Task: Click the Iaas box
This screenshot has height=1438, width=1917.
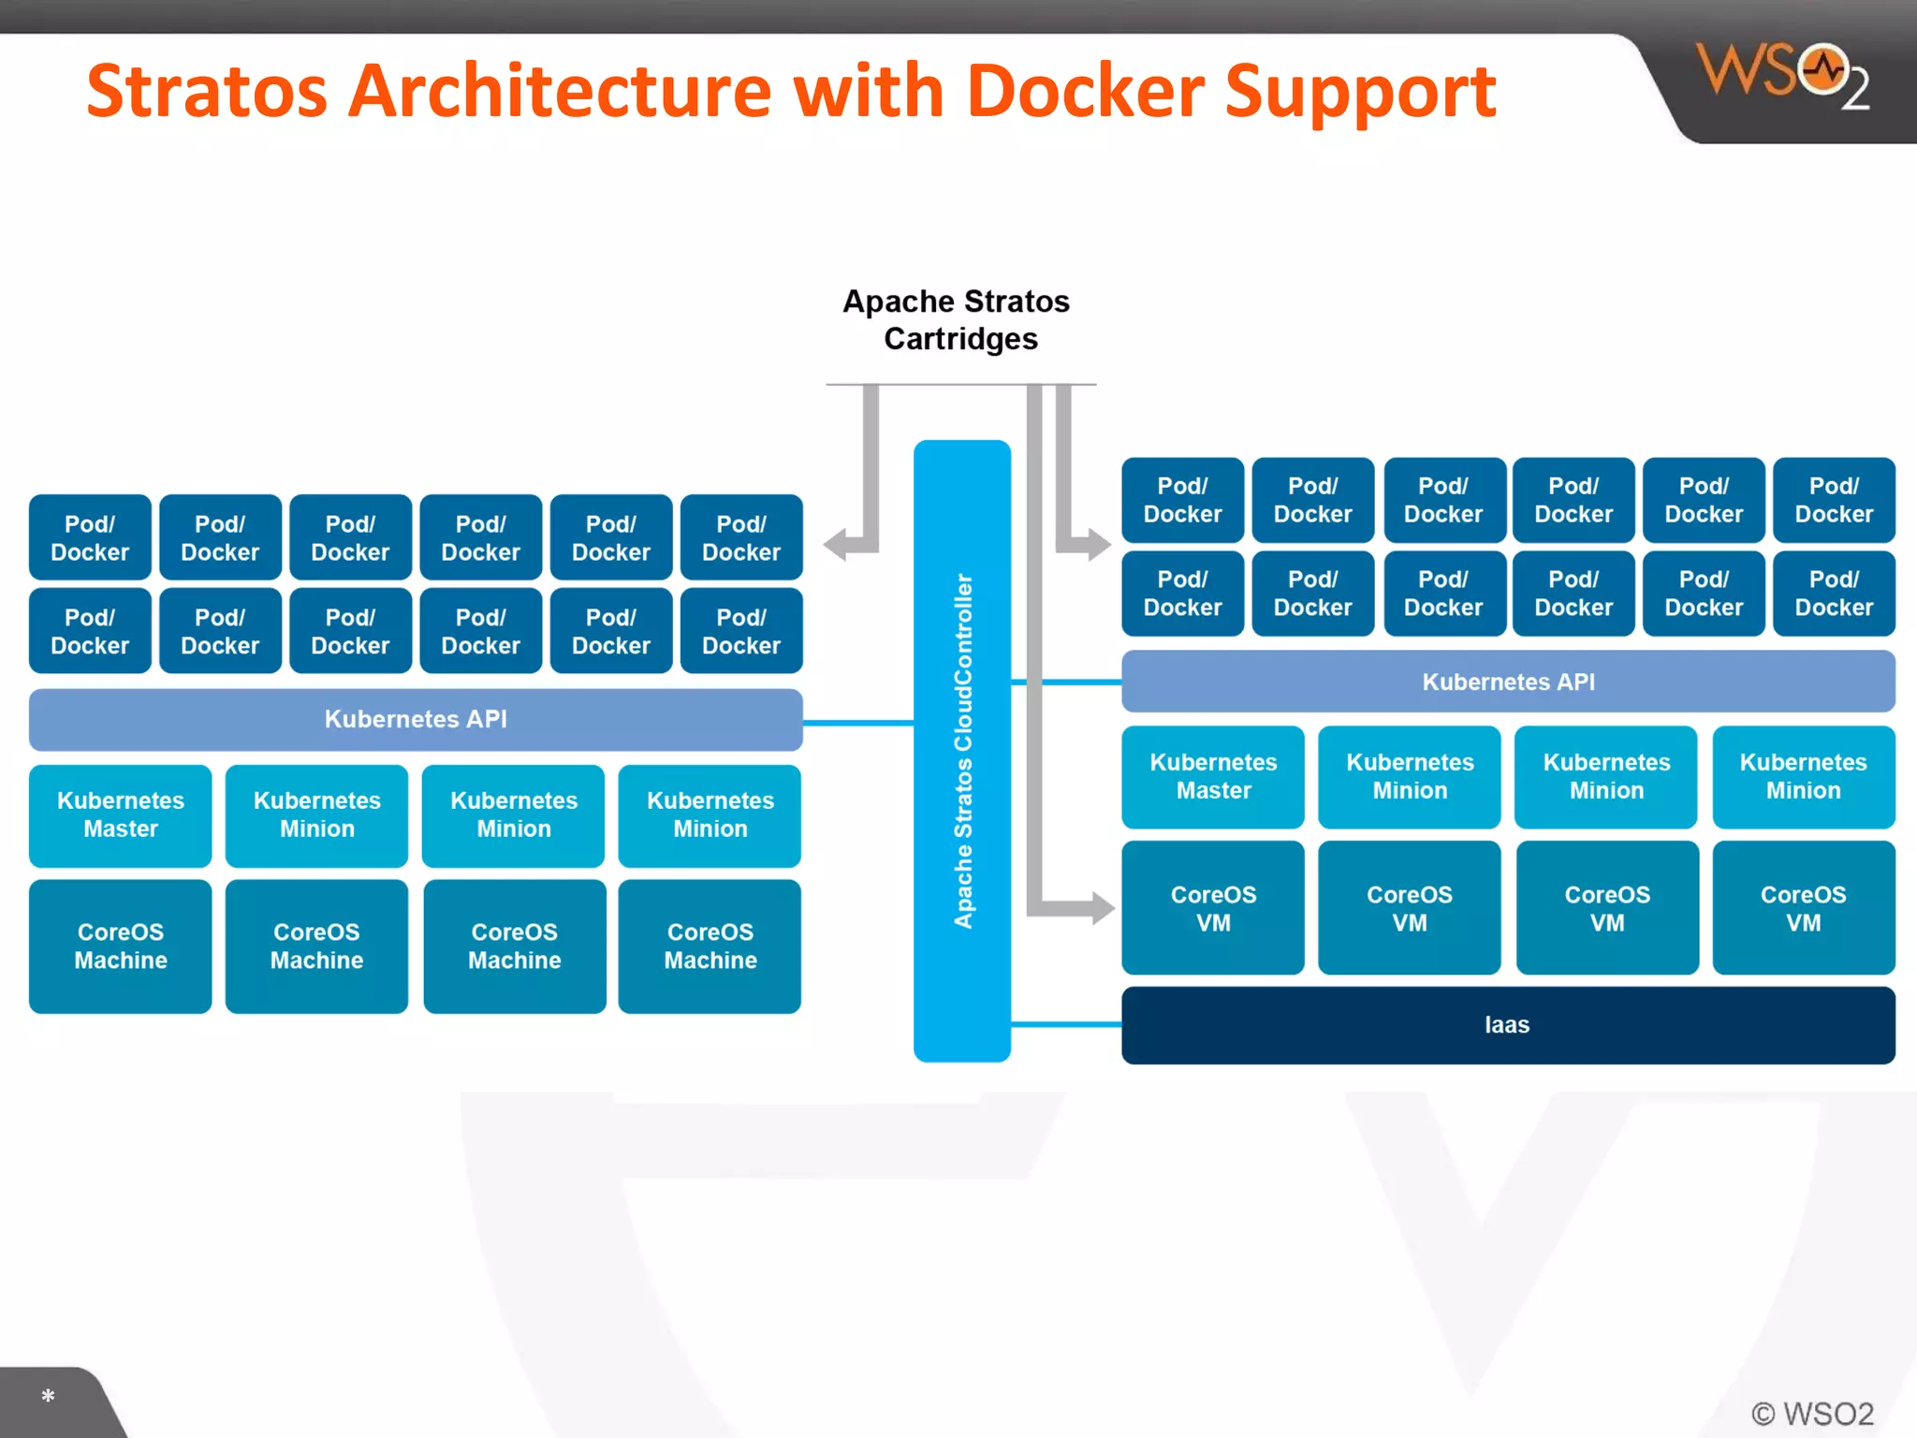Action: pos(1508,1025)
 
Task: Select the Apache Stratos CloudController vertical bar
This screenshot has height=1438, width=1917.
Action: pos(962,751)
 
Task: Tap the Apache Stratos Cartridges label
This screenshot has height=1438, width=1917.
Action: pos(958,320)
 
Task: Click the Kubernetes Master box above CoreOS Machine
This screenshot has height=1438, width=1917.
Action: pos(121,815)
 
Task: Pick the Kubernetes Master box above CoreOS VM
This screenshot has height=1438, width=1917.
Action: pos(1213,777)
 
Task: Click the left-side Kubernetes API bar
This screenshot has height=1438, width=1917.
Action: pos(416,719)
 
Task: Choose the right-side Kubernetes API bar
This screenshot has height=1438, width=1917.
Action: pos(1508,682)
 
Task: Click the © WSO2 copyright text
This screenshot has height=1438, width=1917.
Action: pos(1812,1414)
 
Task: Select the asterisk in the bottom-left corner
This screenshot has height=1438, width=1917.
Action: pos(48,1396)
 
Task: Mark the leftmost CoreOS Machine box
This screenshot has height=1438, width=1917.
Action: pos(121,946)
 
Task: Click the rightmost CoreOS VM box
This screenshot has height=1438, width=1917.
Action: pos(1804,908)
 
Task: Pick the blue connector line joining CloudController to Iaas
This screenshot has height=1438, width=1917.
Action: pos(1066,1025)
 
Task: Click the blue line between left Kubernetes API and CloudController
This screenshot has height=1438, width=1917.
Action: pos(858,723)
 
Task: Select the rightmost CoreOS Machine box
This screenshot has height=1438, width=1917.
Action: pos(710,946)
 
